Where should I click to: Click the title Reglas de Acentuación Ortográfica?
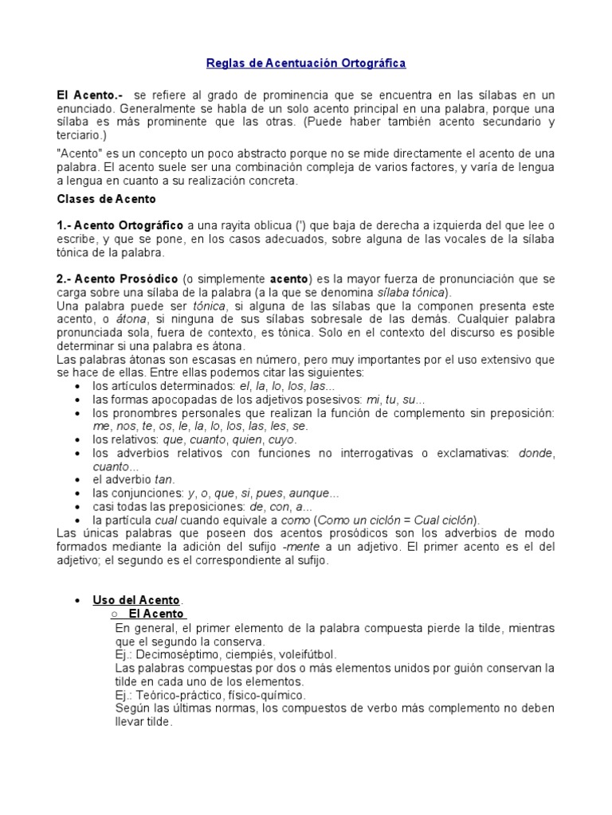(x=306, y=62)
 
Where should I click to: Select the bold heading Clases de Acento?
(x=107, y=198)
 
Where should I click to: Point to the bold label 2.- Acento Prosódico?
(x=118, y=279)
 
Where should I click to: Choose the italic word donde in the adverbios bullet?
(x=535, y=453)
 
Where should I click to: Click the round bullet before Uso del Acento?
(x=76, y=600)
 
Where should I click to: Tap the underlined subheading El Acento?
(x=155, y=614)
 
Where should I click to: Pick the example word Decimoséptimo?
(x=175, y=654)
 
